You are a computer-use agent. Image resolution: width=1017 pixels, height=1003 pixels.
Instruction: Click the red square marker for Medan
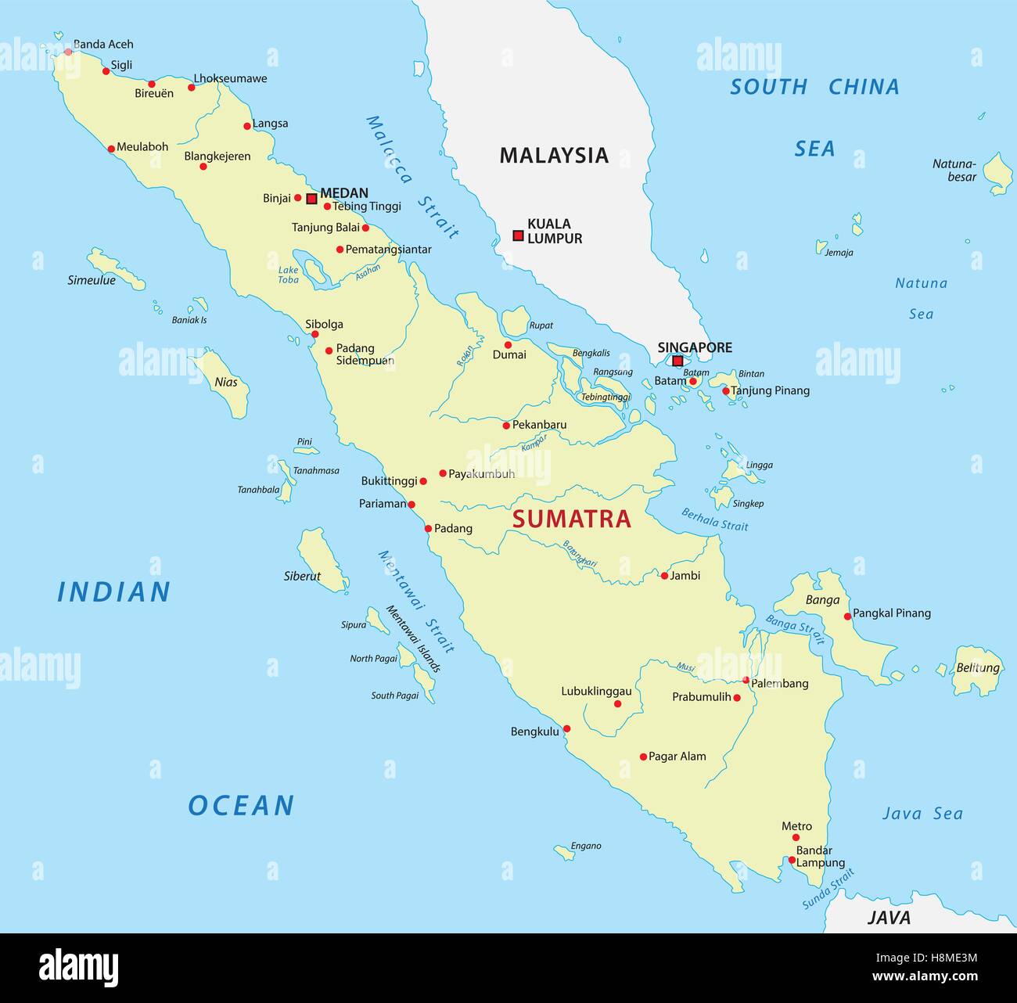(311, 199)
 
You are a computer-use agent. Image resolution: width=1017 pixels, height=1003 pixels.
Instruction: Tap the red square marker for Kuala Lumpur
(518, 235)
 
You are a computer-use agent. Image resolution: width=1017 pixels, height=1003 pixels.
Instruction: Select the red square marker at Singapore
(677, 361)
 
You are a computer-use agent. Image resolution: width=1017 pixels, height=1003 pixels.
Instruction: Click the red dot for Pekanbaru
(506, 426)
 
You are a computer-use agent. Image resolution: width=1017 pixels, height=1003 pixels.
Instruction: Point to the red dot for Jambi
(664, 576)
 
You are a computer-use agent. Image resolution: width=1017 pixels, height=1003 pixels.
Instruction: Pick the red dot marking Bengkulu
(567, 728)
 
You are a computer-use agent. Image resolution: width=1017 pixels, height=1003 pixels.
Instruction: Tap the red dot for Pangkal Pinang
(847, 617)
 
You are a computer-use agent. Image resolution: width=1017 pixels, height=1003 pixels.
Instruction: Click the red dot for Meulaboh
(111, 148)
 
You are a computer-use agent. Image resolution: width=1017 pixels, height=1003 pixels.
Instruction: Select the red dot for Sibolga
(314, 334)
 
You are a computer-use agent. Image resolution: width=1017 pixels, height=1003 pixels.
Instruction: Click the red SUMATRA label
(571, 519)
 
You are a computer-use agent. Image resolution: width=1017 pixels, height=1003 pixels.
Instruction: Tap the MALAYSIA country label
(554, 156)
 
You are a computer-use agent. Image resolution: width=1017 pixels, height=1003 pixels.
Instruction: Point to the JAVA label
(889, 918)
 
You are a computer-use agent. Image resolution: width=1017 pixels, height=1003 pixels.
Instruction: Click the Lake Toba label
(289, 275)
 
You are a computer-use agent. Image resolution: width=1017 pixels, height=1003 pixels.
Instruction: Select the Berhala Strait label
(714, 520)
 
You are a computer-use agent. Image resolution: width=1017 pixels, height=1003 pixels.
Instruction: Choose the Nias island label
(226, 383)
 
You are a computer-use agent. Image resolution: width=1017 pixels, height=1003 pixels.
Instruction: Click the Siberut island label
(302, 577)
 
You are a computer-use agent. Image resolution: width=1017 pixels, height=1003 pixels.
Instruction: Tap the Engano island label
(586, 846)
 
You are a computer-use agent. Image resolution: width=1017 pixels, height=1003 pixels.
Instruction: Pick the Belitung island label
(978, 668)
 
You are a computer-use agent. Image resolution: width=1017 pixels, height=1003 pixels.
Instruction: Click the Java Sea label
(922, 814)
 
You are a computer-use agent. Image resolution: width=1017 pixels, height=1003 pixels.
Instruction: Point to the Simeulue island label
(92, 280)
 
